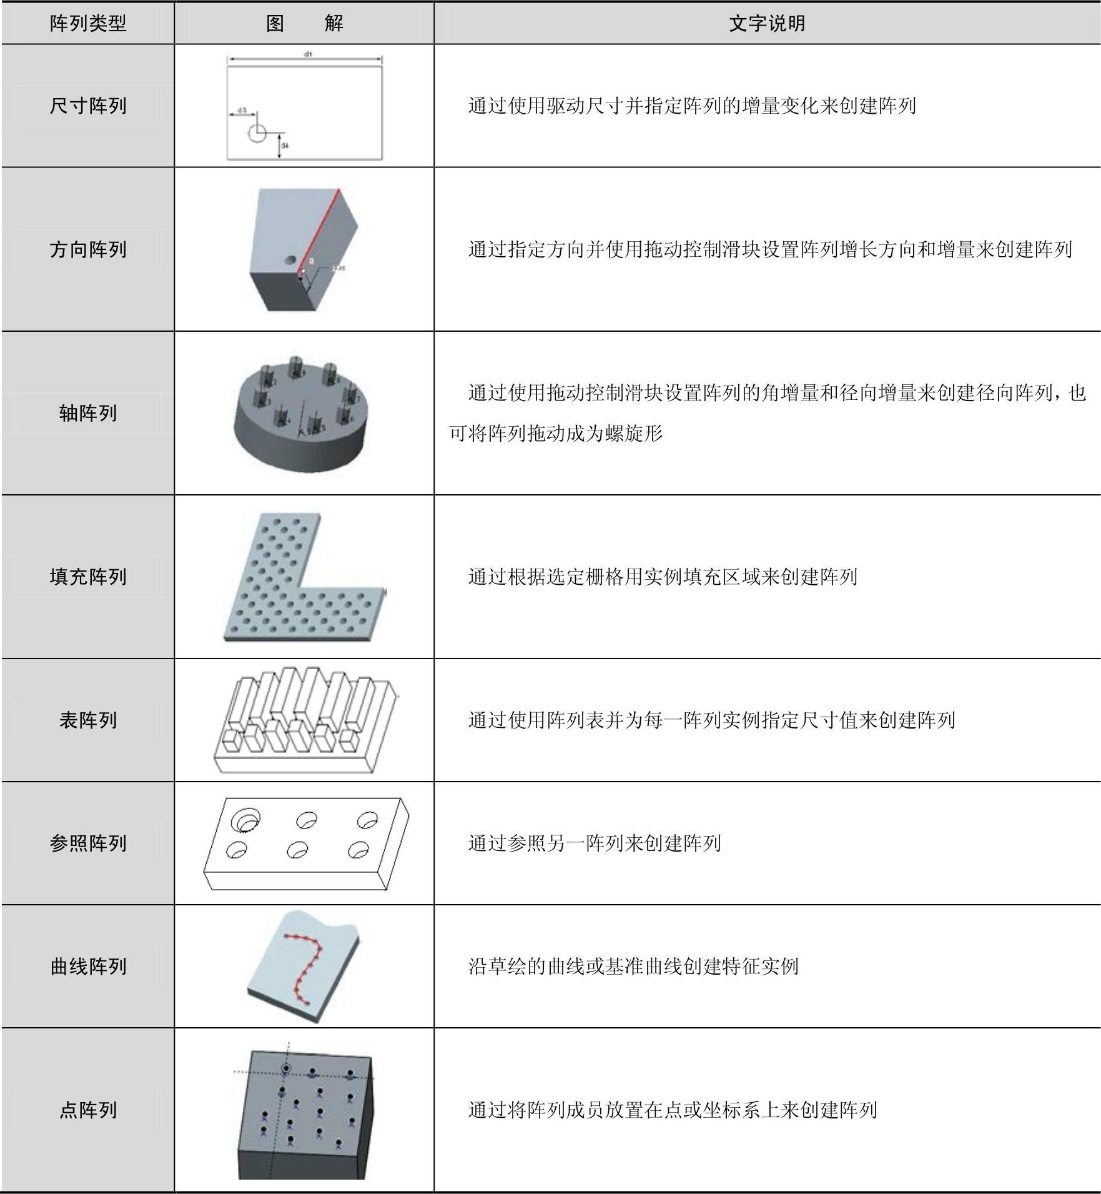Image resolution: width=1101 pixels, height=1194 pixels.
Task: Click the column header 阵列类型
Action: click(88, 24)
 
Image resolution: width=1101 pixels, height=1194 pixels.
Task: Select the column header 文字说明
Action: click(766, 24)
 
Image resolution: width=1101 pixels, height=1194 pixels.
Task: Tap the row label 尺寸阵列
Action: click(88, 106)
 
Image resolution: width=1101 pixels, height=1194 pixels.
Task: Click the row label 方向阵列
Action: click(88, 249)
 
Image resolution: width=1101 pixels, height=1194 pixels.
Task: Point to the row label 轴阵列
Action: click(88, 413)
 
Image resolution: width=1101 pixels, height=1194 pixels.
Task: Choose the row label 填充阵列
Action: click(88, 576)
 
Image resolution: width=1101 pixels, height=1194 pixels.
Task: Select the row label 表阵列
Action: click(88, 720)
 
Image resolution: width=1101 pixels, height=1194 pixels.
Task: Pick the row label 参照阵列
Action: click(88, 843)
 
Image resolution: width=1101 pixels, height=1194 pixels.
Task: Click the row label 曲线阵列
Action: click(88, 966)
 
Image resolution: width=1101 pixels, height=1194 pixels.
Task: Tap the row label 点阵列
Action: click(88, 1110)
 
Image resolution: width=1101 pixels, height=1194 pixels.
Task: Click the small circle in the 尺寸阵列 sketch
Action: click(257, 132)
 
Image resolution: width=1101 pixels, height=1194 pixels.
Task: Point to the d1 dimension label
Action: click(308, 54)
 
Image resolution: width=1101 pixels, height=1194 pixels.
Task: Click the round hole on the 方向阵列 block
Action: click(290, 259)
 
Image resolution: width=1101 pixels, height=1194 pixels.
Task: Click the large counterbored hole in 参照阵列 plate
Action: click(245, 819)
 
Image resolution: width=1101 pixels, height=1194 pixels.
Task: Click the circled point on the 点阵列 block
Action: click(286, 1068)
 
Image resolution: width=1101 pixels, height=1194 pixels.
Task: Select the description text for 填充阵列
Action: click(663, 576)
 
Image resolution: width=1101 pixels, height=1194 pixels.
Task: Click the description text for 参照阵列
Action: click(595, 843)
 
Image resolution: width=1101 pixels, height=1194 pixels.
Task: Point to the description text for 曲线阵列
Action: click(633, 966)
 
